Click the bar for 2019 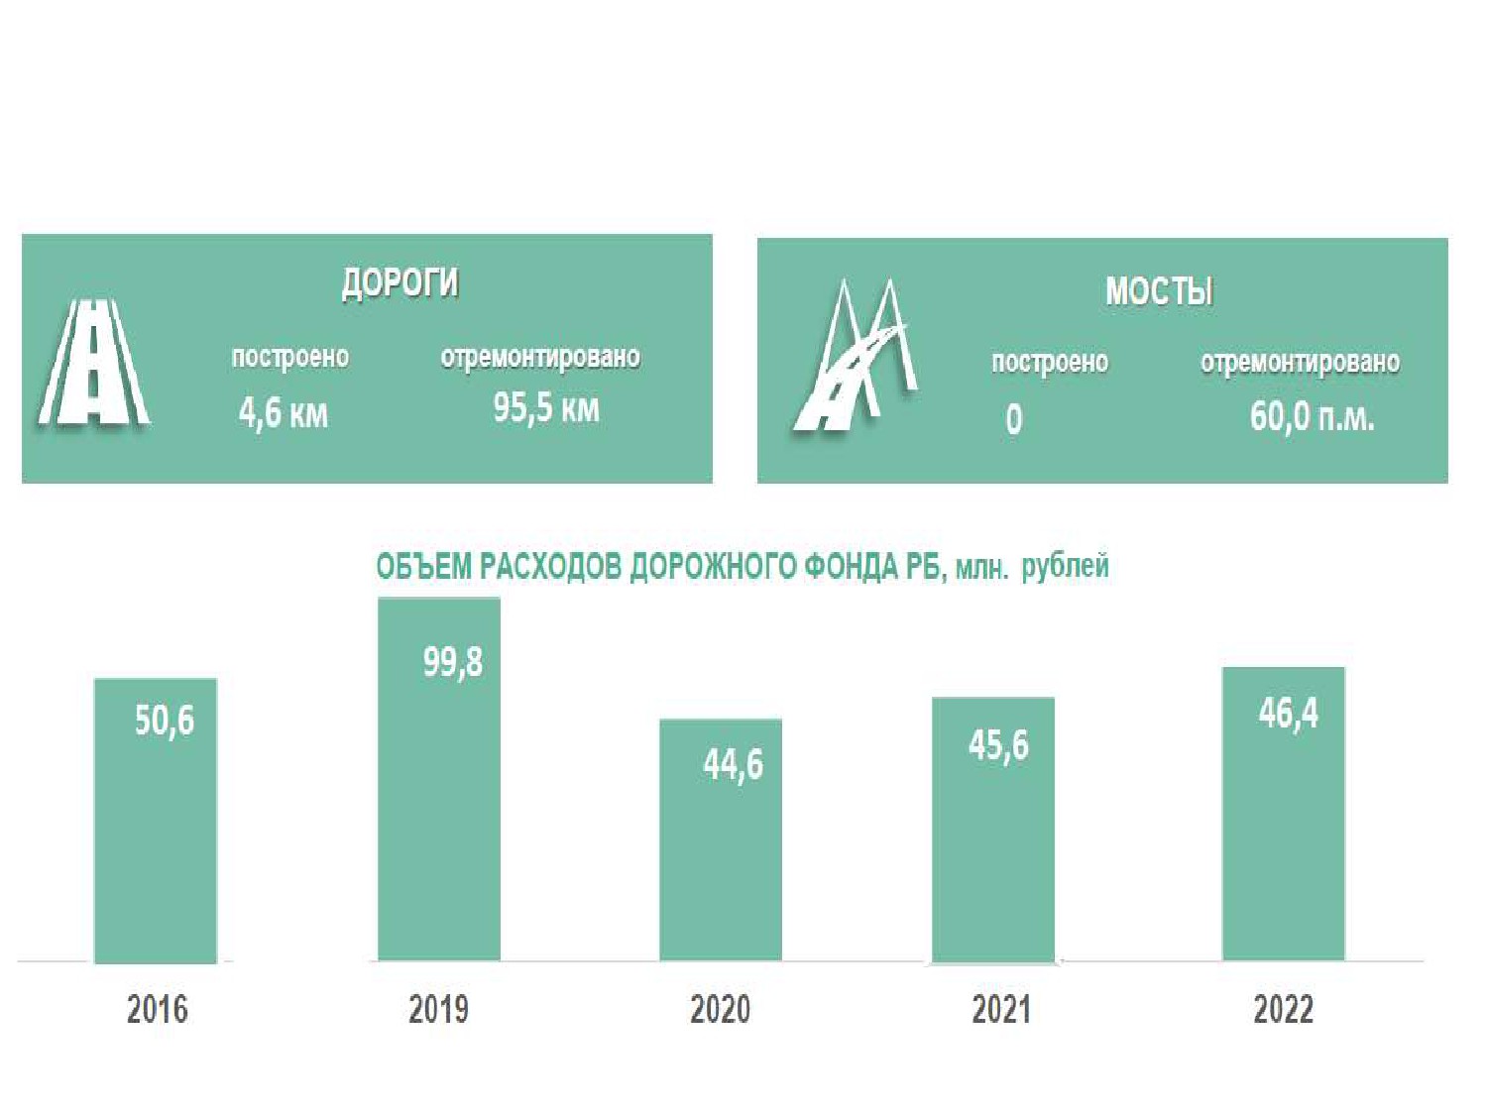439,779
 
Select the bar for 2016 155,821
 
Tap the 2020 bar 721,839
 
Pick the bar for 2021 993,830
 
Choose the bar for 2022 1283,814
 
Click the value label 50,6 165,720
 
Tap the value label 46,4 1289,713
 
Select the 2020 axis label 720,1009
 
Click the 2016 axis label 158,1009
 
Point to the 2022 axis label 1283,1009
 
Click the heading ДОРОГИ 400,283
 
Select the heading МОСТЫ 1159,291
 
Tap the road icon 93,363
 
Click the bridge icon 855,355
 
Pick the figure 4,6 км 284,413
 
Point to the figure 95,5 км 546,408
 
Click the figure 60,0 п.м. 1313,416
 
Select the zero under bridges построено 1013,419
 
